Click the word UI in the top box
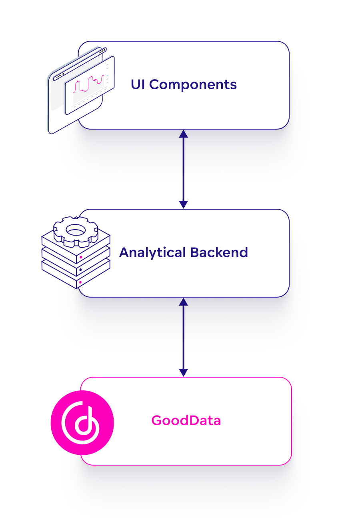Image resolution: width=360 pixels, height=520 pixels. point(138,84)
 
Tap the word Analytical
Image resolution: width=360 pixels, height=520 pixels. point(152,252)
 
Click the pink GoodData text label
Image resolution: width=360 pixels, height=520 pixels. point(186,421)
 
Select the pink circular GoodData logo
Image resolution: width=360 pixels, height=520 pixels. point(82,423)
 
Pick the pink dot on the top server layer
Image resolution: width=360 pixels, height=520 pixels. point(81,257)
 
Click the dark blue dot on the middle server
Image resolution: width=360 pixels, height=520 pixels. point(80,270)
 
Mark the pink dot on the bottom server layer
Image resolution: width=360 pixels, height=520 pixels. point(80,282)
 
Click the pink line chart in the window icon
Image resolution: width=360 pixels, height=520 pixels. point(89,83)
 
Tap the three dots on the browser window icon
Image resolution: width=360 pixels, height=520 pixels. point(102,50)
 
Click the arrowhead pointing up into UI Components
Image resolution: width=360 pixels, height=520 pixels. point(183,134)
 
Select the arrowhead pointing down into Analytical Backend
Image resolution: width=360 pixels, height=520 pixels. point(183,204)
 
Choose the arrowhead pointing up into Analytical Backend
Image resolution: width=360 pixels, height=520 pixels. point(183,302)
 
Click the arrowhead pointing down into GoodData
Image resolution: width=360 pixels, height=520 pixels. point(183,372)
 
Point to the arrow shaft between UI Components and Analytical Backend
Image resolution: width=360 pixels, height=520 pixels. point(183,169)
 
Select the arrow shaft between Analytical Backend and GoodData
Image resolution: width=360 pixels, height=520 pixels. point(183,337)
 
